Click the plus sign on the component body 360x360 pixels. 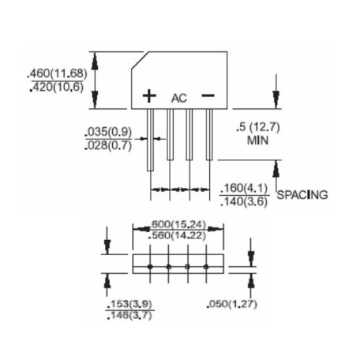coord(149,96)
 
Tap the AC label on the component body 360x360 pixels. coord(179,98)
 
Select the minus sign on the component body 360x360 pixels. coord(208,96)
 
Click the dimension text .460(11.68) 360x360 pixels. coord(57,73)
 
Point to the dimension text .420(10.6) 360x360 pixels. coord(57,87)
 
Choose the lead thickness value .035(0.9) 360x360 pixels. coord(108,132)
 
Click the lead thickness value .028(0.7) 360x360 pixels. coord(108,145)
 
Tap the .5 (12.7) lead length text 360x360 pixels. coord(258,127)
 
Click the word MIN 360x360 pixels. coord(257,141)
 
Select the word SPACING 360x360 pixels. coord(302,195)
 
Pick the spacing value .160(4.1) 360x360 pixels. coord(244,189)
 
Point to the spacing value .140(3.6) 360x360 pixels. coord(244,202)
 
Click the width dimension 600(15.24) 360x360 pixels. coord(178,224)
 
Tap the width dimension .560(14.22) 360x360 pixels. coord(177,235)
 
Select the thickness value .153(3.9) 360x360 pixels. coord(129,304)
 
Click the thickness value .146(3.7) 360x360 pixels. coord(129,315)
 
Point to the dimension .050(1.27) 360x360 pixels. coord(232,304)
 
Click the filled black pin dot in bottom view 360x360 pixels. coord(150,267)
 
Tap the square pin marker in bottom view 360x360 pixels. coord(187,267)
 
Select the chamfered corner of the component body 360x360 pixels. coord(140,60)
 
